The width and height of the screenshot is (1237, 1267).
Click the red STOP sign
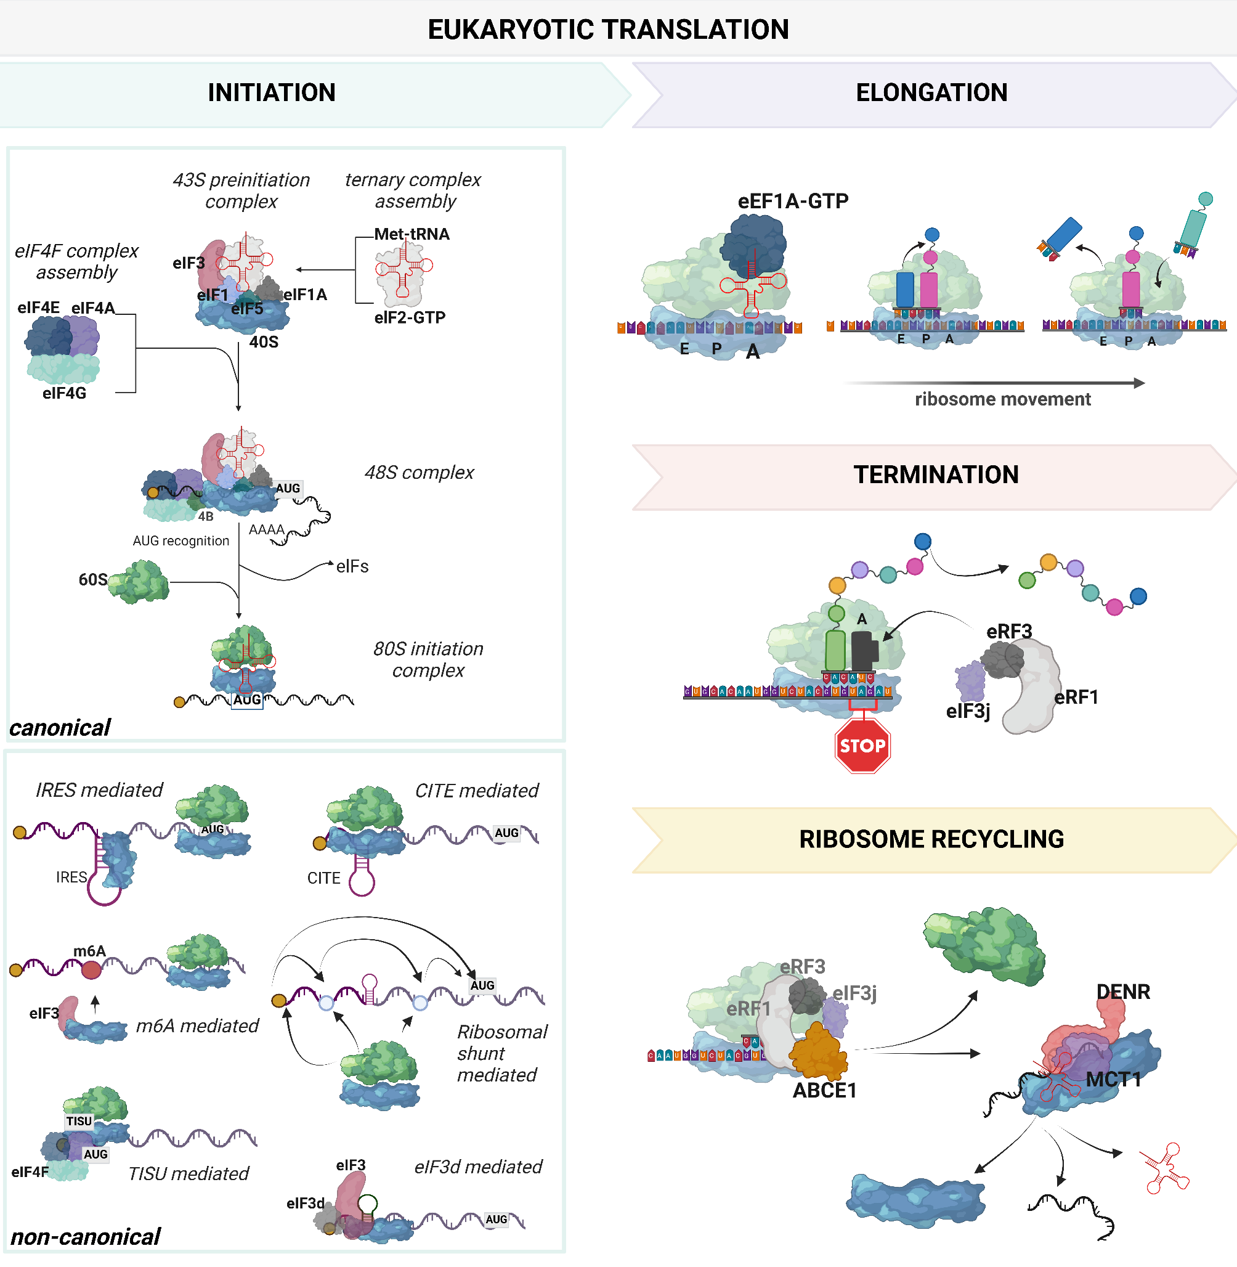pyautogui.click(x=862, y=745)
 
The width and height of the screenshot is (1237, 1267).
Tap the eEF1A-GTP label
pyautogui.click(x=793, y=202)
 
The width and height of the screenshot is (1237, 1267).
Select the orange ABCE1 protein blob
pyautogui.click(x=819, y=1052)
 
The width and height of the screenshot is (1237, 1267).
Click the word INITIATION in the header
pyautogui.click(x=272, y=93)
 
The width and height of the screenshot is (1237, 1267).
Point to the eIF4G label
pyautogui.click(x=63, y=393)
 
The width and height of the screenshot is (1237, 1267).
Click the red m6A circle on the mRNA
pyautogui.click(x=91, y=970)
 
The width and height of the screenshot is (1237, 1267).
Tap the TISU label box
pyautogui.click(x=79, y=1121)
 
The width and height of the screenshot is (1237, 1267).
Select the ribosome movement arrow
pyautogui.click(x=994, y=383)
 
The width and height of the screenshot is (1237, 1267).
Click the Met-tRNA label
pyautogui.click(x=412, y=234)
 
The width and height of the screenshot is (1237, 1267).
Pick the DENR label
pyautogui.click(x=1122, y=992)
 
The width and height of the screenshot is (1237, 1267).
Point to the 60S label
pyautogui.click(x=92, y=579)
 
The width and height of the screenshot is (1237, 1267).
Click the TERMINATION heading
pyautogui.click(x=936, y=475)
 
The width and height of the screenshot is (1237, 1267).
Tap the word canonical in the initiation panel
pyautogui.click(x=60, y=728)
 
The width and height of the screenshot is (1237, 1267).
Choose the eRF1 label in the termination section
pyautogui.click(x=1076, y=697)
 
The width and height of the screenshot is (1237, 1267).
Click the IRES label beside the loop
pyautogui.click(x=71, y=877)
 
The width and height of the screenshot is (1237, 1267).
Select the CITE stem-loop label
pyautogui.click(x=323, y=878)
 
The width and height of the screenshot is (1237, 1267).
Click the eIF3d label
pyautogui.click(x=305, y=1204)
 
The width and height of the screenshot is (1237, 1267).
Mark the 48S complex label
pyautogui.click(x=419, y=473)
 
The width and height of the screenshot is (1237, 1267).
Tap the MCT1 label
pyautogui.click(x=1114, y=1080)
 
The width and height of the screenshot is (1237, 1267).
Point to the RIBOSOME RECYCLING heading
pyautogui.click(x=931, y=839)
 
